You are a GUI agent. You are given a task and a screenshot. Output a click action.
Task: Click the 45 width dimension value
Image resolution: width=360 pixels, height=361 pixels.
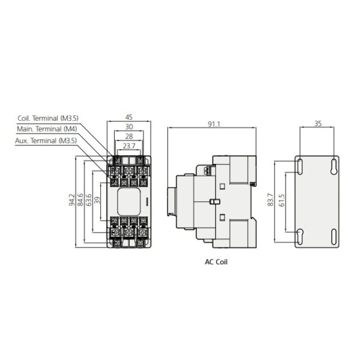[129, 117]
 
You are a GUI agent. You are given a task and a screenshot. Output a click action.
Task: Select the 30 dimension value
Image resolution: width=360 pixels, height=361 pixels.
[129, 127]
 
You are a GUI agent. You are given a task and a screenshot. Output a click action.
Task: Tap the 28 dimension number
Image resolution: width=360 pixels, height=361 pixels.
[129, 136]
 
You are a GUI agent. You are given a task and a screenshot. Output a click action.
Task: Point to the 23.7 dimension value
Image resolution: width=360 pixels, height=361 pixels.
[129, 146]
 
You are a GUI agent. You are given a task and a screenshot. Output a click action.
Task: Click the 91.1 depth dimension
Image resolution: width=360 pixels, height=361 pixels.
[214, 124]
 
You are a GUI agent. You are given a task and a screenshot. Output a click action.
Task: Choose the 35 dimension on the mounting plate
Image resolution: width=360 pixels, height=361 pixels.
[317, 124]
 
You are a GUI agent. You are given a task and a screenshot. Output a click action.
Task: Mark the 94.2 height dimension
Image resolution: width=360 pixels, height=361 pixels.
[72, 199]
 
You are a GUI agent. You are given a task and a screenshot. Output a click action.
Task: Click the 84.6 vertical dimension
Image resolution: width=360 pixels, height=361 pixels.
[80, 199]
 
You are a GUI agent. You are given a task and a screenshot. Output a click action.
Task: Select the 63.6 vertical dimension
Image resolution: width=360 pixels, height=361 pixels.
[89, 199]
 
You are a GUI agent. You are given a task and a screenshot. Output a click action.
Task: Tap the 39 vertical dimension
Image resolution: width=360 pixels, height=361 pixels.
[97, 200]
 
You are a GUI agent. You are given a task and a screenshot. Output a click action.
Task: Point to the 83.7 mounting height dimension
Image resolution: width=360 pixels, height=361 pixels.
[271, 199]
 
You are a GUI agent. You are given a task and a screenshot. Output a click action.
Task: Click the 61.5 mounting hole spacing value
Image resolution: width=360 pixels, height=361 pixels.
[282, 200]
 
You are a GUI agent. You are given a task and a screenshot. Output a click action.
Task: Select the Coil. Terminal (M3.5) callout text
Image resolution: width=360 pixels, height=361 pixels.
[48, 118]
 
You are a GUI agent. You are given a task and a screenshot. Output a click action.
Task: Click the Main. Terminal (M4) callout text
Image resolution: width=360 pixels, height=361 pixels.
[47, 129]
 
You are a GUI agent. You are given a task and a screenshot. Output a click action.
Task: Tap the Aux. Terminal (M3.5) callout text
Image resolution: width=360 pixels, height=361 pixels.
[46, 141]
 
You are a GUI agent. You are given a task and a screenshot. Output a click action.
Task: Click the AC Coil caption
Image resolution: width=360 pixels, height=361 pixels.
[216, 262]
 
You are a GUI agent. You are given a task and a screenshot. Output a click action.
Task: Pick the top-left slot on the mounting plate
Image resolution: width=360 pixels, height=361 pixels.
[300, 166]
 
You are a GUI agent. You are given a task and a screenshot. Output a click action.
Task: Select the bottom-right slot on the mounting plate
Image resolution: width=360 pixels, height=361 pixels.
[334, 237]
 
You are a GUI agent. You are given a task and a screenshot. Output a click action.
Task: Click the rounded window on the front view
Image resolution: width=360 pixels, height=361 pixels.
[129, 202]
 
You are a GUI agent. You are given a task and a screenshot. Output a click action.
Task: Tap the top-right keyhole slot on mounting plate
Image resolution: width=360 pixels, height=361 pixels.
[334, 166]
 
